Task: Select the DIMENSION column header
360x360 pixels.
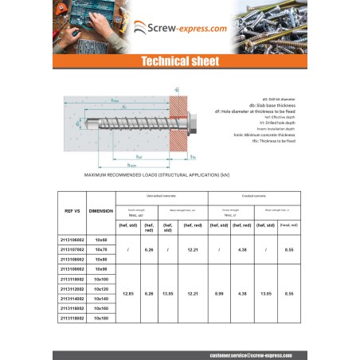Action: pos(100,211)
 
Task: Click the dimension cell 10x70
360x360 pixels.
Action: pos(100,249)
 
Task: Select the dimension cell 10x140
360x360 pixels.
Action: pos(100,299)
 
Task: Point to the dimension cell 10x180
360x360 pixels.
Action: pos(100,318)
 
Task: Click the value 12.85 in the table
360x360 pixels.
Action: pos(127,293)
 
